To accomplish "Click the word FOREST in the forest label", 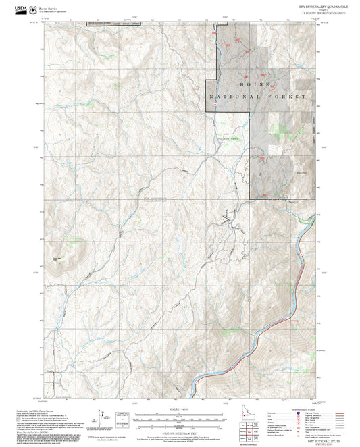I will (283, 97).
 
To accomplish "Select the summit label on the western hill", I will (58, 257).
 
